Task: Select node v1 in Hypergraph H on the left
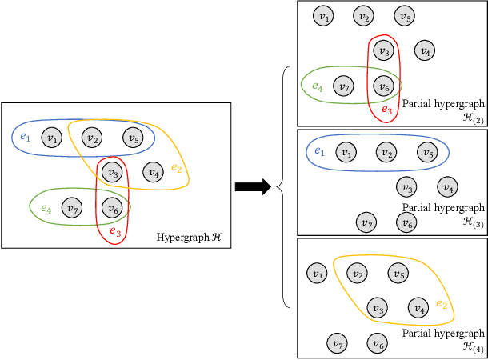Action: coord(52,138)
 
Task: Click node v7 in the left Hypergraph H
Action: coord(71,209)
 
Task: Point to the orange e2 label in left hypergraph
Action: coord(177,169)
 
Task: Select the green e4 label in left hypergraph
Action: coord(46,209)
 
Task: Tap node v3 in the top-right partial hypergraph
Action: coord(385,51)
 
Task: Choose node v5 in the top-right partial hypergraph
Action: coord(405,16)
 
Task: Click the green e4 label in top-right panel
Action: coord(318,86)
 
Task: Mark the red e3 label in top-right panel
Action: coord(386,110)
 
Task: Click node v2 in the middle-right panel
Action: coord(386,152)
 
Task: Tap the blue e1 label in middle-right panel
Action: coord(319,151)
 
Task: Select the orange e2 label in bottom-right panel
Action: coord(442,304)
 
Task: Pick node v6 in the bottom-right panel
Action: coord(377,344)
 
